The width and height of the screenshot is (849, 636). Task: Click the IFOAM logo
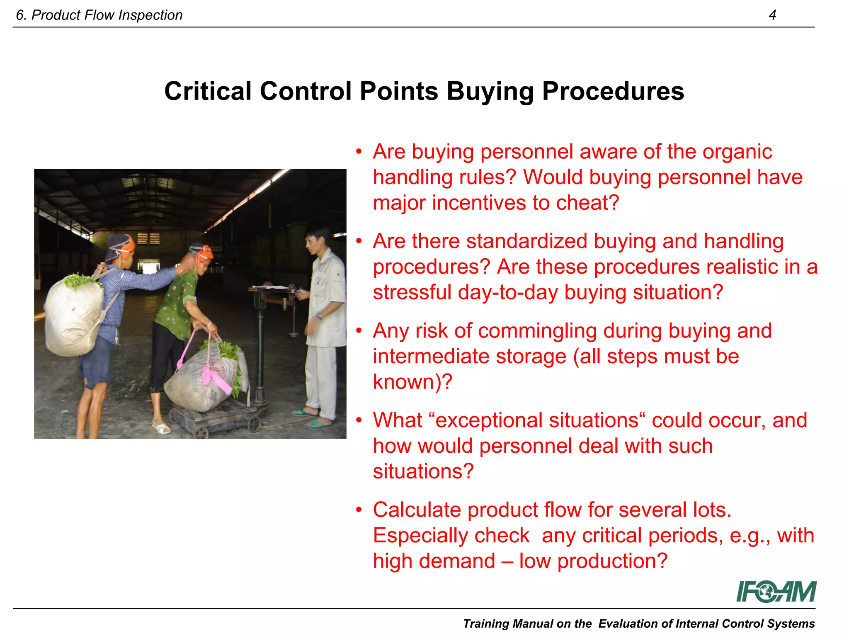(x=776, y=591)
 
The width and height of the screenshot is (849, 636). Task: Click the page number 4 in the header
(x=772, y=15)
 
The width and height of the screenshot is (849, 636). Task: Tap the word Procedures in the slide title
(x=613, y=91)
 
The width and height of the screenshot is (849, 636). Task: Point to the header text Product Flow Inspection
(x=107, y=15)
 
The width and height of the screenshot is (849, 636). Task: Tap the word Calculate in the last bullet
(x=417, y=510)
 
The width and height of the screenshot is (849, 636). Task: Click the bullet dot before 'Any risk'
(x=359, y=331)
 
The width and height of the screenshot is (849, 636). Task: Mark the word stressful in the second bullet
(x=412, y=293)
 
